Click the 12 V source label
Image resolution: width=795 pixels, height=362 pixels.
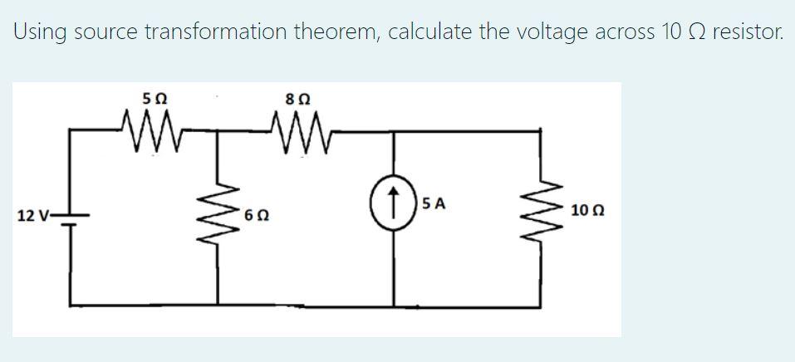31,216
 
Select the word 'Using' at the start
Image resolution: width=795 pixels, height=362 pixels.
40,32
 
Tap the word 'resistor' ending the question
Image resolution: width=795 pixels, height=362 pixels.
748,32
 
